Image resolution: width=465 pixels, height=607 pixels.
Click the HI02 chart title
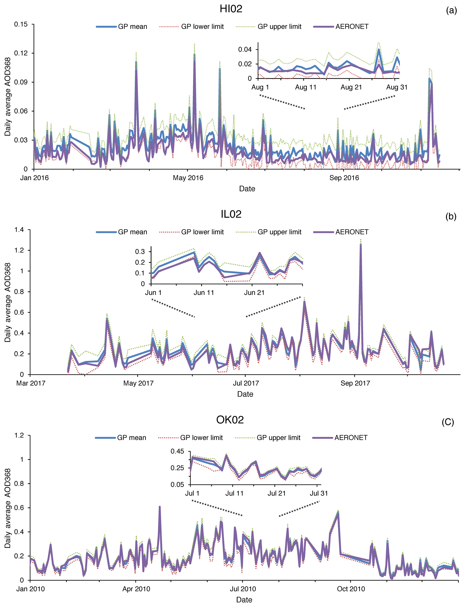pyautogui.click(x=231, y=9)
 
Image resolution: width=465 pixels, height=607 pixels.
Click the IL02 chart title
pyautogui.click(x=231, y=214)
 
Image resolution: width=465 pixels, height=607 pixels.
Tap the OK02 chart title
pyautogui.click(x=230, y=420)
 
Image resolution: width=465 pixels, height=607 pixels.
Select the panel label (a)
pyautogui.click(x=451, y=11)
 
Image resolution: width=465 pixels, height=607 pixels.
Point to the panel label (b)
pyautogui.click(x=451, y=216)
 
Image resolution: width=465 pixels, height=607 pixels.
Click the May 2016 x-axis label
pyautogui.click(x=188, y=178)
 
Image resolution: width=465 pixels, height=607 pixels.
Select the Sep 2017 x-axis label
pyautogui.click(x=355, y=383)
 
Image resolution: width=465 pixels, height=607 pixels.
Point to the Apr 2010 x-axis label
pyautogui.click(x=136, y=589)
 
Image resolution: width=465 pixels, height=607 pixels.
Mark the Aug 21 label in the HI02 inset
pyautogui.click(x=351, y=87)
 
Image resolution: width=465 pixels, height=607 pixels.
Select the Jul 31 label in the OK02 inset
pyautogui.click(x=319, y=493)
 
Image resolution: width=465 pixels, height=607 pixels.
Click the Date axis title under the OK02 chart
pyautogui.click(x=244, y=600)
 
